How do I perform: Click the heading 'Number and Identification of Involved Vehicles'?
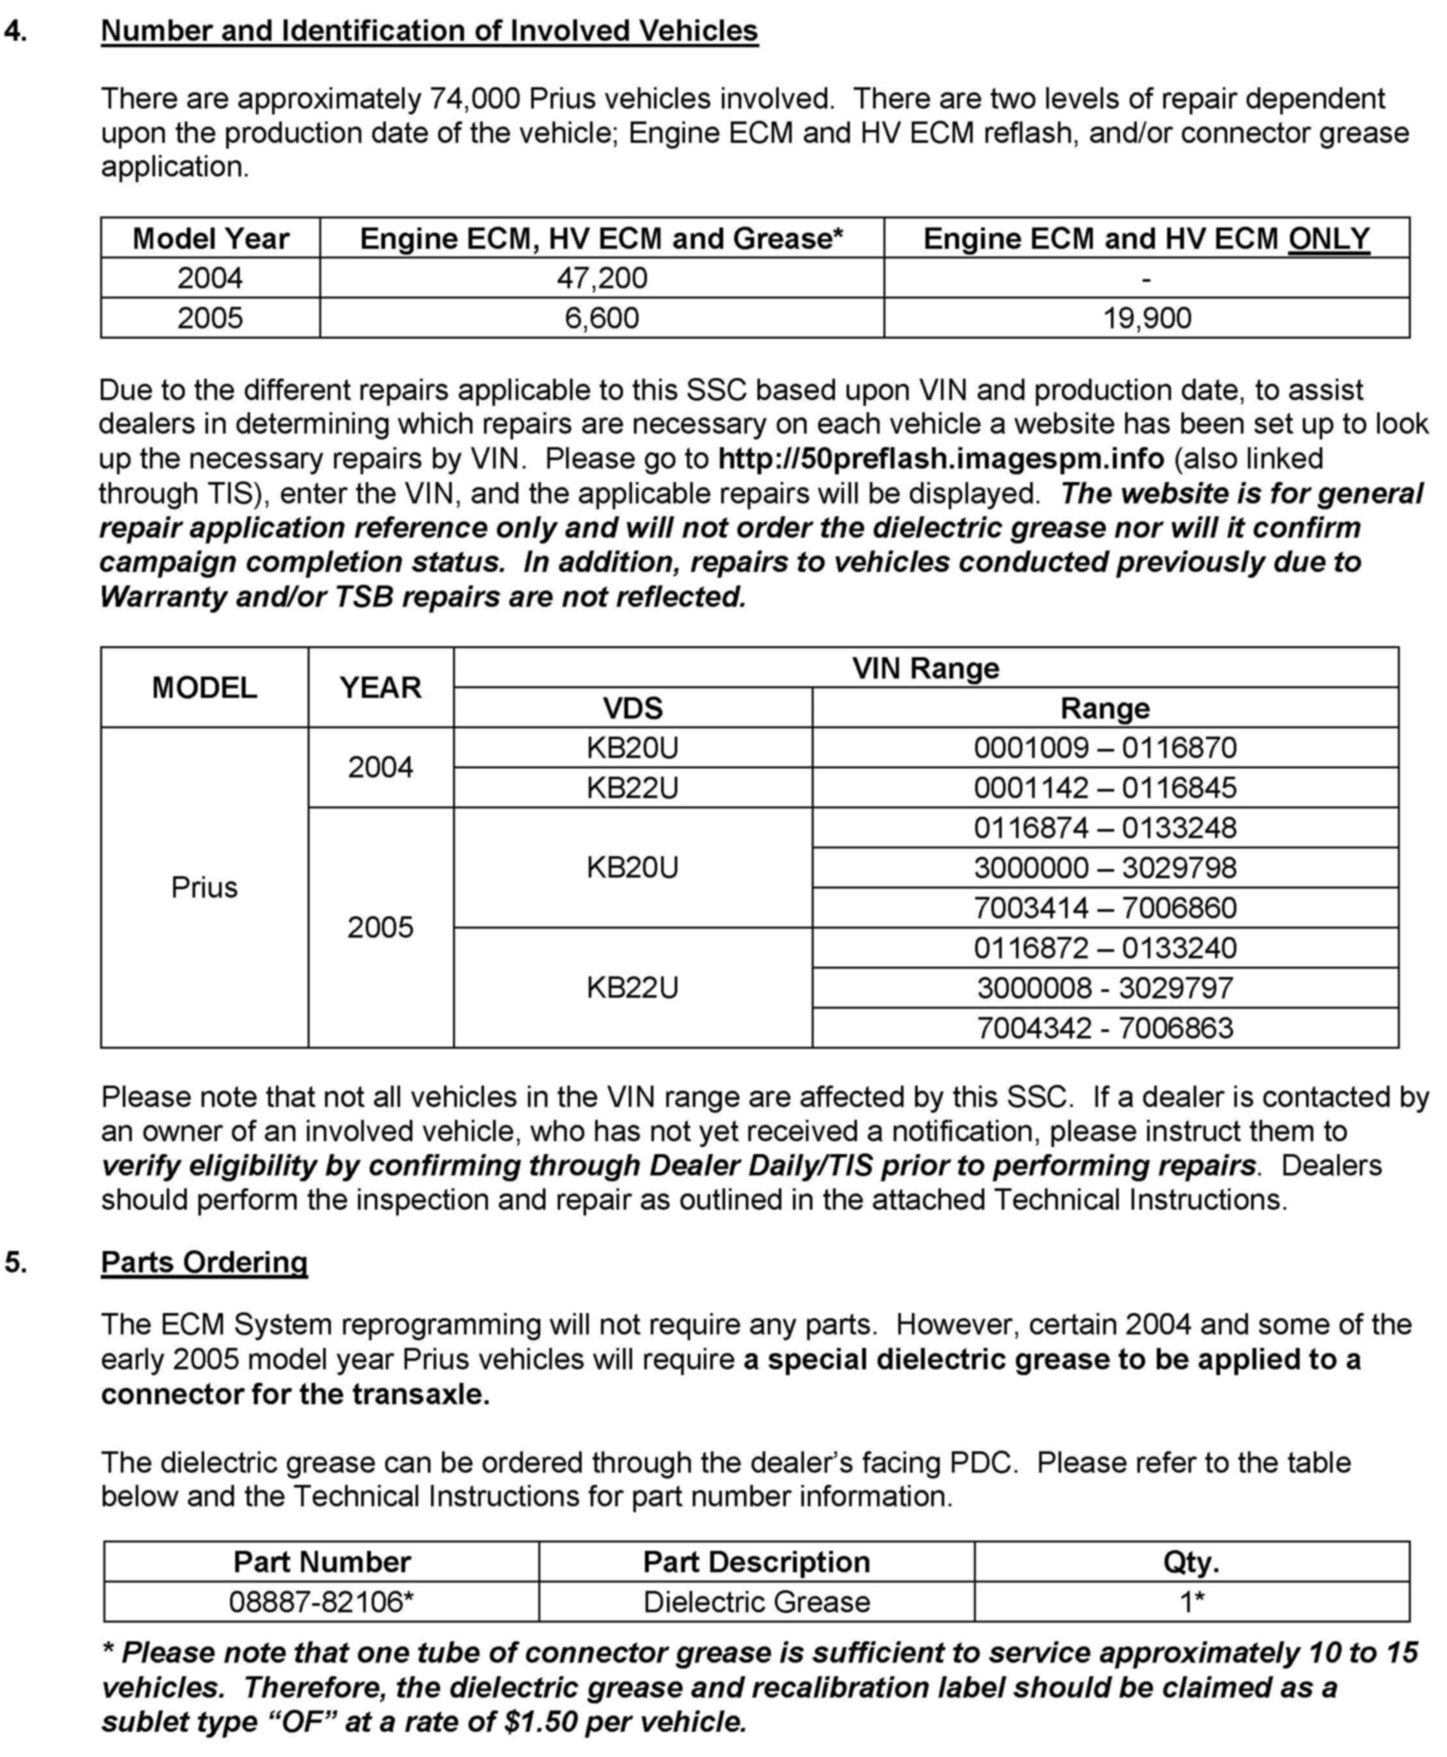click(x=429, y=31)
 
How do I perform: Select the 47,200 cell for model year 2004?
click(x=601, y=278)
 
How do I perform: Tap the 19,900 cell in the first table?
click(x=1147, y=317)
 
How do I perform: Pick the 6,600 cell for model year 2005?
click(x=601, y=317)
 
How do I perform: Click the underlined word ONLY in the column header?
click(x=1329, y=239)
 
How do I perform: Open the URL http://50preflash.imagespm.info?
click(x=940, y=458)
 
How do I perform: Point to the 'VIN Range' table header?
click(x=925, y=668)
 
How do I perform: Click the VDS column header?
click(x=633, y=708)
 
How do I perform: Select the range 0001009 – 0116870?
click(x=1105, y=748)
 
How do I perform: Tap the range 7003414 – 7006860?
click(x=1105, y=908)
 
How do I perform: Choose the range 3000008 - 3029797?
click(x=1105, y=987)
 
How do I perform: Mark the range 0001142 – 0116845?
click(x=1105, y=788)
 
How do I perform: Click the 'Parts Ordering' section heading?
click(x=204, y=1262)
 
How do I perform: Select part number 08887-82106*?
click(x=322, y=1602)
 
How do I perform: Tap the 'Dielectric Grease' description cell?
click(x=756, y=1602)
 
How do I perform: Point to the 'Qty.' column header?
click(x=1191, y=1562)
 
